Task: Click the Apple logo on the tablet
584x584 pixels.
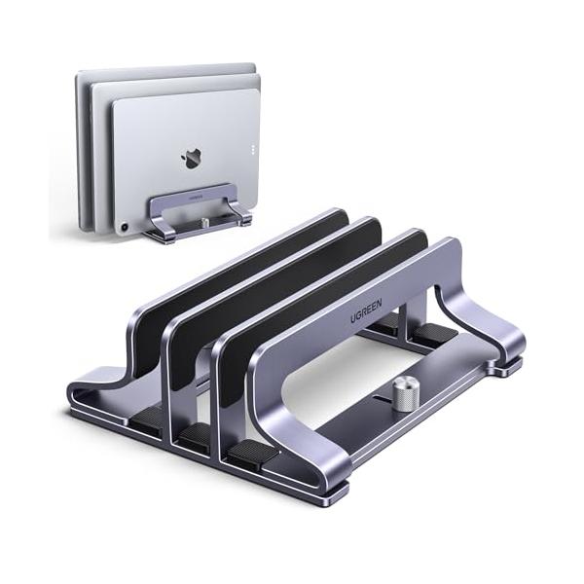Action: click(191, 159)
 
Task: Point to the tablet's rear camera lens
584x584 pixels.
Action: click(124, 227)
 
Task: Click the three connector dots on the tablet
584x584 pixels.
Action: click(253, 149)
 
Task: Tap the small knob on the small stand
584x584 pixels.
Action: click(204, 222)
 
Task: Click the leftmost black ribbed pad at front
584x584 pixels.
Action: click(146, 418)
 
